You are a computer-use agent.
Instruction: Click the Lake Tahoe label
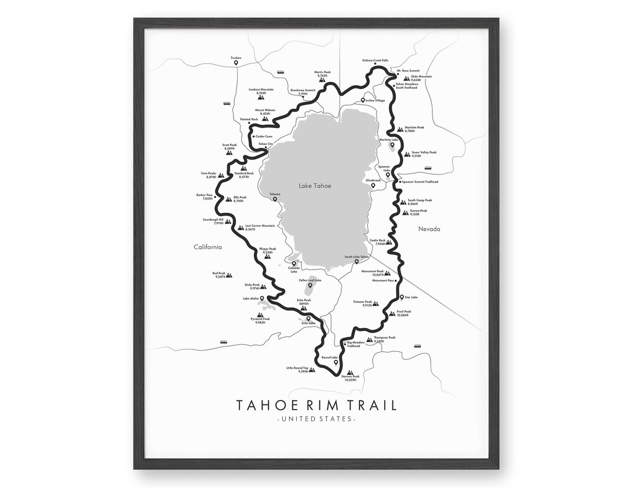pos(315,185)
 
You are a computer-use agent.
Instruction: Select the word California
pos(208,247)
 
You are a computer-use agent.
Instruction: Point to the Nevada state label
pos(430,229)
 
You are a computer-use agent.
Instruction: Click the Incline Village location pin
pos(363,100)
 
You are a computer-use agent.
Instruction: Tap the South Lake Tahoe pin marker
pos(357,262)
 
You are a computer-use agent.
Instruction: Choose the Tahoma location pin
pos(275,199)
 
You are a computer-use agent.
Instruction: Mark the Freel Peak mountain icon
pos(392,314)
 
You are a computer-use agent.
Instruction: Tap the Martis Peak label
pos(322,72)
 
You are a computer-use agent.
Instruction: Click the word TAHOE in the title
pos(263,405)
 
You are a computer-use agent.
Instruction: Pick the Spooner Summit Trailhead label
pos(419,181)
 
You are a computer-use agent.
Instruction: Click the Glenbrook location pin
pos(381,186)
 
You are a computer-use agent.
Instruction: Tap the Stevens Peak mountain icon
pos(350,373)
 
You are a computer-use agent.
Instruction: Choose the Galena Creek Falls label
pos(375,60)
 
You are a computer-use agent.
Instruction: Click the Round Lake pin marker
pos(336,362)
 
